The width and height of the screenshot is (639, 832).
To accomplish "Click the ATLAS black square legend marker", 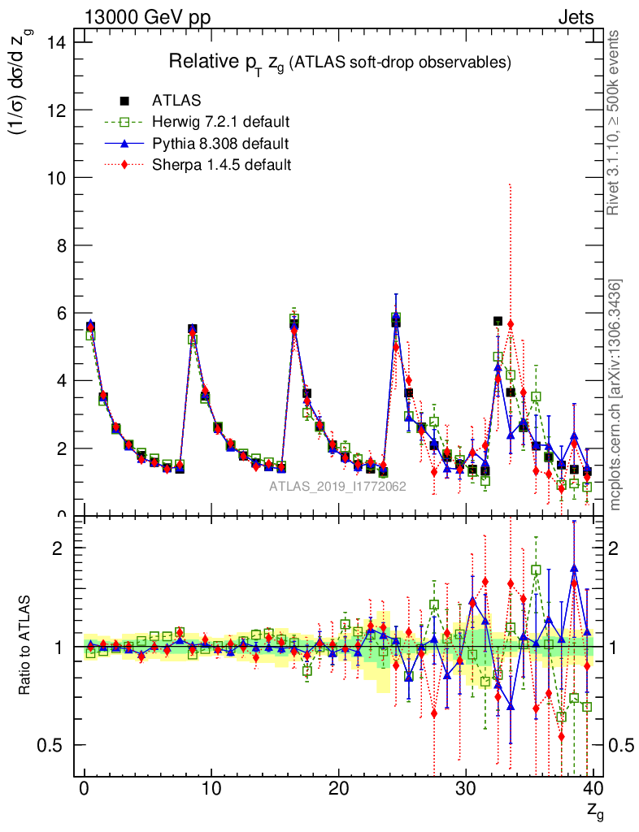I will point(124,102).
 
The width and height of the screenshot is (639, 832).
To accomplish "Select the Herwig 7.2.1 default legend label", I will point(221,123).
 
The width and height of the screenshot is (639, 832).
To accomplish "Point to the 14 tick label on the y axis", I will point(59,41).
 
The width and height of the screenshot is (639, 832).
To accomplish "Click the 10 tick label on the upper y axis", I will point(59,177).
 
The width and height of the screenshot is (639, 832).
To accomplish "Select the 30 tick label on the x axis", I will point(466,789).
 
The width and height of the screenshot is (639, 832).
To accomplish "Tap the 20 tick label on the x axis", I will point(339,789).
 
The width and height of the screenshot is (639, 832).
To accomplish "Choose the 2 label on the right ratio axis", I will point(616,548).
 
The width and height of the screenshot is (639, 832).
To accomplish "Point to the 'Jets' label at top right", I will point(576,18).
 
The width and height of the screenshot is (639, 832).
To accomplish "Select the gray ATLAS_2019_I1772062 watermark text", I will point(338,487).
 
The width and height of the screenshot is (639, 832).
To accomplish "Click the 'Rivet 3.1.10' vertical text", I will point(615,122).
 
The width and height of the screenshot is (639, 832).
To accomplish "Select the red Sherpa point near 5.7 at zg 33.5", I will point(511,324).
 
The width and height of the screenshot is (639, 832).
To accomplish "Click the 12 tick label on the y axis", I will point(59,110).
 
